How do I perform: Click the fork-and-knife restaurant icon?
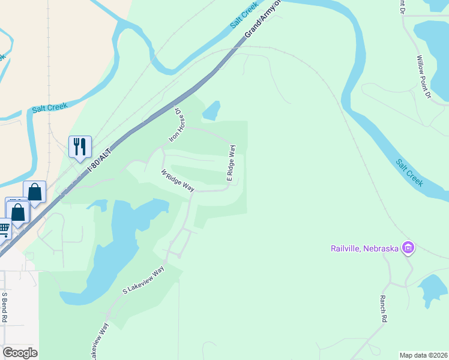80,146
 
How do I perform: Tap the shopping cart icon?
4,229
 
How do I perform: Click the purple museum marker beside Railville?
408,247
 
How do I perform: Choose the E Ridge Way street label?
231,163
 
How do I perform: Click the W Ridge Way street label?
178,181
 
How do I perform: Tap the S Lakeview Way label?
143,281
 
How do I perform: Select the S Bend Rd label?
4,307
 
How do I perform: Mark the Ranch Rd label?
383,309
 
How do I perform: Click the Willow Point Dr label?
424,77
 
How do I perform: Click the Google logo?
20,353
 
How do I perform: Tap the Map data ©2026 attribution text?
423,355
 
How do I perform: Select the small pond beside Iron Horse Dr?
211,111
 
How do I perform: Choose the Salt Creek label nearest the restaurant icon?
50,107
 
